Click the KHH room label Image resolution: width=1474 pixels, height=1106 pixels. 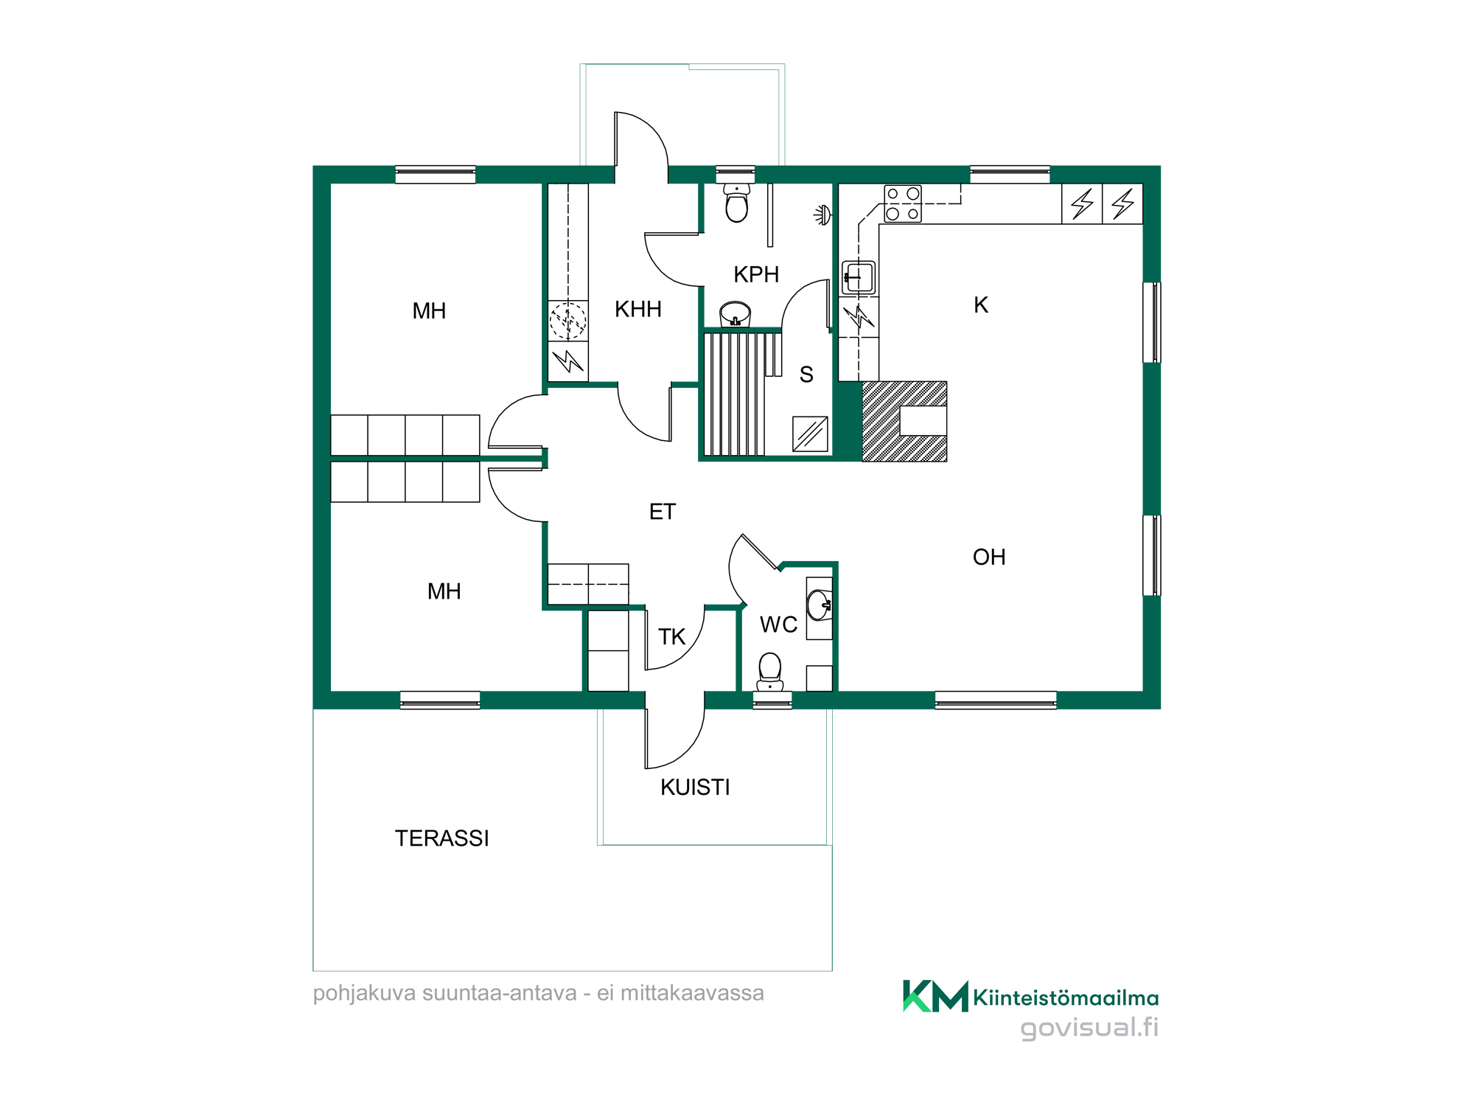[x=638, y=309]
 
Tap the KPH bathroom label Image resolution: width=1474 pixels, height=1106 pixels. [x=756, y=274]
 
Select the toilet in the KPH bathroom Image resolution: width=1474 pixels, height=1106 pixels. [x=736, y=203]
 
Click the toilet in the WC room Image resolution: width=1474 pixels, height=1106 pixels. [x=770, y=671]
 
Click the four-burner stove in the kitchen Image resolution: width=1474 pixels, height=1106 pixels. [x=903, y=204]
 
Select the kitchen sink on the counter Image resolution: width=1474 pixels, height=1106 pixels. [x=859, y=278]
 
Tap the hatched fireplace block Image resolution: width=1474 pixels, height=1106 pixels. [x=904, y=421]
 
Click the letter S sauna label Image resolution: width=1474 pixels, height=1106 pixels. [x=806, y=375]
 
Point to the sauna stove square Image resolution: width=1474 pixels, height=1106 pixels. [x=810, y=434]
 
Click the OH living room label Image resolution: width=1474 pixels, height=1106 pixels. [x=989, y=557]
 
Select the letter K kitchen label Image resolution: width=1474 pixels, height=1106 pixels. [x=980, y=305]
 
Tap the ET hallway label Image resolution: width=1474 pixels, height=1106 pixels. [x=662, y=512]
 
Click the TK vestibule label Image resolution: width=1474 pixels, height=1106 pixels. [x=671, y=636]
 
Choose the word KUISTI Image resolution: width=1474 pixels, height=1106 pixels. [x=695, y=787]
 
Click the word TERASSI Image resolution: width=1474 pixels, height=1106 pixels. [x=441, y=838]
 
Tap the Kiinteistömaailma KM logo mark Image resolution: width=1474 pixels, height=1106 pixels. [x=935, y=996]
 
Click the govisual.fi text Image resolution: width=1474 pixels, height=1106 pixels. [x=1089, y=1028]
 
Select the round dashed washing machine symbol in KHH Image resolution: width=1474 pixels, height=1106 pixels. [x=568, y=321]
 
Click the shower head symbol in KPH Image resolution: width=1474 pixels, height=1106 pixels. [x=823, y=215]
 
